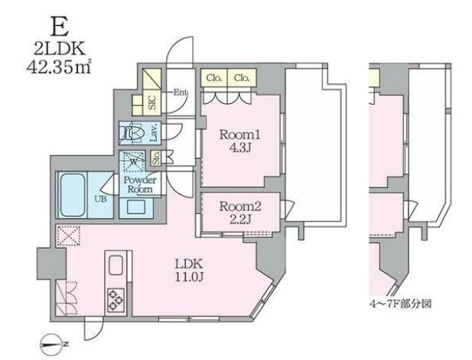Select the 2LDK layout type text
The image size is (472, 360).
[60, 48]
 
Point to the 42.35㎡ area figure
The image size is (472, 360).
[59, 67]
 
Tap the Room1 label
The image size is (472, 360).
[239, 135]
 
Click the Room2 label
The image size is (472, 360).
[240, 206]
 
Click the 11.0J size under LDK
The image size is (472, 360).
[189, 277]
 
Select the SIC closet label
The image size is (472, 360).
[152, 102]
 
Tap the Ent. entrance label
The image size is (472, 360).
[181, 92]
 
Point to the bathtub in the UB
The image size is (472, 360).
[73, 195]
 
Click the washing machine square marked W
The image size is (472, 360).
[133, 162]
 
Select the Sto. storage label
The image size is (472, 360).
[156, 157]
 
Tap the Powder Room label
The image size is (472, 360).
[140, 185]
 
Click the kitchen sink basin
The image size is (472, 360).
[116, 265]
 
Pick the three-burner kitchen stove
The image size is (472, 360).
[116, 300]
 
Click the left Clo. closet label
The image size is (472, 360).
[214, 78]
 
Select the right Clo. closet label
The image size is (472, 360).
[242, 78]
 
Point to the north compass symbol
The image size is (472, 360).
[54, 344]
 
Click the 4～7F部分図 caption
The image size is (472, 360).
[401, 304]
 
